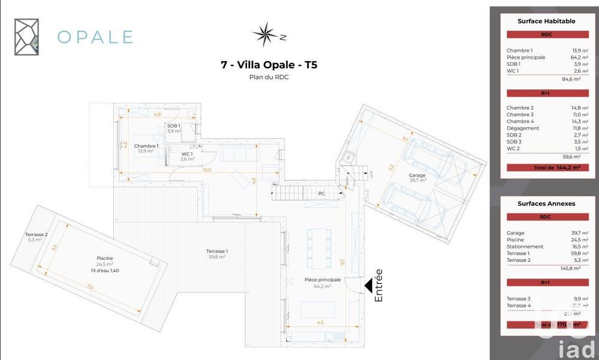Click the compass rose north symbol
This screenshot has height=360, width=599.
(264, 34)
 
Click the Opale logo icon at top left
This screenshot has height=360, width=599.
(27, 37)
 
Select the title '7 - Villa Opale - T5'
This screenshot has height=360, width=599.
(269, 65)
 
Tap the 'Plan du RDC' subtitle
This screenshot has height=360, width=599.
(269, 77)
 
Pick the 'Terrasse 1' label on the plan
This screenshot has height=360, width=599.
(217, 250)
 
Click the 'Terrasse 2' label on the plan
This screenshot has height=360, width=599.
(37, 234)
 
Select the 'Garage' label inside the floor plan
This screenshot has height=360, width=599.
(417, 176)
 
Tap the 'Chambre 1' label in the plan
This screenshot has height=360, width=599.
(146, 146)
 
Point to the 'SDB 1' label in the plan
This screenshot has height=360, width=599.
(174, 125)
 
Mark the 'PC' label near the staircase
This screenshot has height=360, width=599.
(322, 193)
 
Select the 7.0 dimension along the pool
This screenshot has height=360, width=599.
(90, 288)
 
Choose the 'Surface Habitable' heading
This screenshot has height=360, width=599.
(546, 21)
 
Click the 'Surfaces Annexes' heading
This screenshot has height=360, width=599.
(546, 204)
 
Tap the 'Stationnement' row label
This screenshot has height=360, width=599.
(525, 246)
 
